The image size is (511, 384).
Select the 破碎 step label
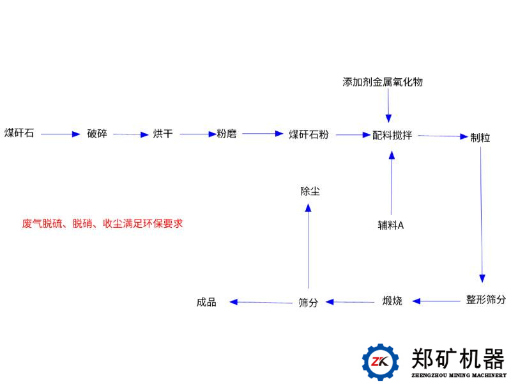coord(97,134)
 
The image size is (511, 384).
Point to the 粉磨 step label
coord(227,134)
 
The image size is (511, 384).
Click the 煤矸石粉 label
coord(309,134)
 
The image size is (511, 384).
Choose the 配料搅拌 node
coord(392,135)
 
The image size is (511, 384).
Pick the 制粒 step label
coord(480,138)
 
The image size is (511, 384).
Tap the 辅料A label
coord(391,225)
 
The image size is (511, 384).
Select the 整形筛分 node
coord(486,299)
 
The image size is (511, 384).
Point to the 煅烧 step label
coord(392,300)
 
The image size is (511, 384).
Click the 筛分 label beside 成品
coord(308,302)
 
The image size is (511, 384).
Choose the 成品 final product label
coord(206,302)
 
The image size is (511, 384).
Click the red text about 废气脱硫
coord(102,223)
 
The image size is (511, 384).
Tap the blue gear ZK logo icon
coord(381,362)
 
